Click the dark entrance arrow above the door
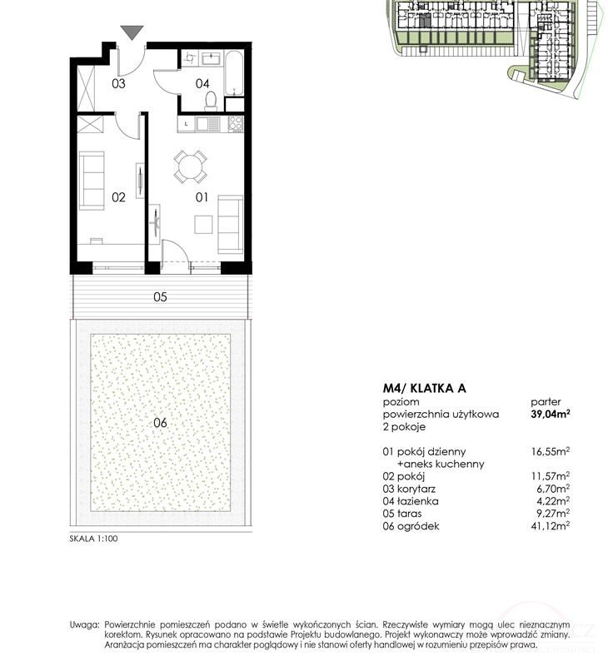pyautogui.click(x=132, y=32)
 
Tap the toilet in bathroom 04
pyautogui.click(x=211, y=101)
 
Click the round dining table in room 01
pyautogui.click(x=191, y=166)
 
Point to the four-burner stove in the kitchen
pyautogui.click(x=236, y=123)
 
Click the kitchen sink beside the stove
pyautogui.click(x=207, y=124)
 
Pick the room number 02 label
pyautogui.click(x=118, y=197)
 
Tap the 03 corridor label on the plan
pyautogui.click(x=118, y=83)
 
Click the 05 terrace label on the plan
pyautogui.click(x=160, y=296)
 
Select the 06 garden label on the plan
pyautogui.click(x=160, y=423)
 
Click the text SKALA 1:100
pyautogui.click(x=93, y=539)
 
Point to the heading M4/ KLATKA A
pyautogui.click(x=425, y=388)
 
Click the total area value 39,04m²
pyautogui.click(x=551, y=414)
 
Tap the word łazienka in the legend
pyautogui.click(x=417, y=501)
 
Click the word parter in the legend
pyautogui.click(x=546, y=402)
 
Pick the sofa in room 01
pyautogui.click(x=230, y=224)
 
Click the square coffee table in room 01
pyautogui.click(x=203, y=224)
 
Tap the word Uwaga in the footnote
pyautogui.click(x=84, y=625)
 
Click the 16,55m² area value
pyautogui.click(x=551, y=451)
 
